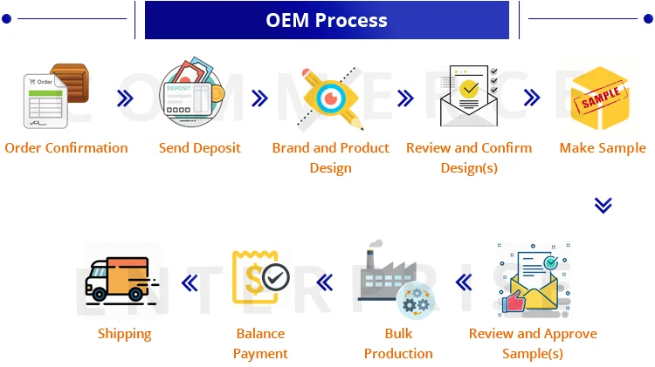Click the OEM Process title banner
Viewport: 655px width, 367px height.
click(327, 20)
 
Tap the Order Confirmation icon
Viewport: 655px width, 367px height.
click(54, 96)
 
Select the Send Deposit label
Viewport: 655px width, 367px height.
click(199, 148)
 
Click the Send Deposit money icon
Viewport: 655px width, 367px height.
click(192, 95)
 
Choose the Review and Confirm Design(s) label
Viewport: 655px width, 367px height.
click(469, 158)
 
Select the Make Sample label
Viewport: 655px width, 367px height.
click(603, 148)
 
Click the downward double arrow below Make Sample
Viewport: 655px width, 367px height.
click(603, 205)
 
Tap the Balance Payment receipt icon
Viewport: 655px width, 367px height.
click(260, 278)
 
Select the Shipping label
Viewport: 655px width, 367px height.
click(124, 334)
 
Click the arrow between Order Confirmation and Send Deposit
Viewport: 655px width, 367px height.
click(125, 99)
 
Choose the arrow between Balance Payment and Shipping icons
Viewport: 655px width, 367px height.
click(190, 282)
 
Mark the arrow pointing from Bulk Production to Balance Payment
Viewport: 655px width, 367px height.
click(325, 282)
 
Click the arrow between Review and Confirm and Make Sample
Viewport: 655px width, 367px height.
click(532, 99)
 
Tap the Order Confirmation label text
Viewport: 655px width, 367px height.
click(66, 148)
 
